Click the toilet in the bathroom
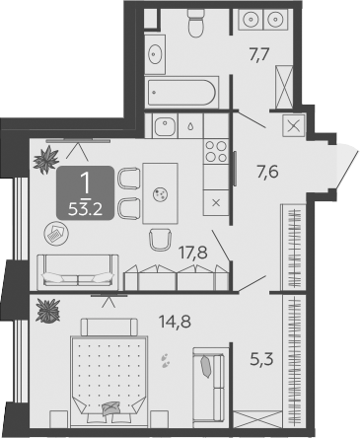(x=196, y=23)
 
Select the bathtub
(x=181, y=92)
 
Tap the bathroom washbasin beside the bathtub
(x=155, y=53)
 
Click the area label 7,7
(x=259, y=54)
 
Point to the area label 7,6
(x=268, y=172)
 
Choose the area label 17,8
(x=193, y=253)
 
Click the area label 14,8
(x=175, y=321)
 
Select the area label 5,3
(x=262, y=359)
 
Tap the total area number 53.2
(x=85, y=209)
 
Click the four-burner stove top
(x=216, y=152)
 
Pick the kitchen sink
(x=165, y=126)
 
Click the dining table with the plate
(x=160, y=193)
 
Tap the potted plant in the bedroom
(x=48, y=311)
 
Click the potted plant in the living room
(x=46, y=160)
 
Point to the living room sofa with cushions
(x=78, y=272)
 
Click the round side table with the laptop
(x=56, y=233)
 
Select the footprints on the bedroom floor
(x=165, y=360)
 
